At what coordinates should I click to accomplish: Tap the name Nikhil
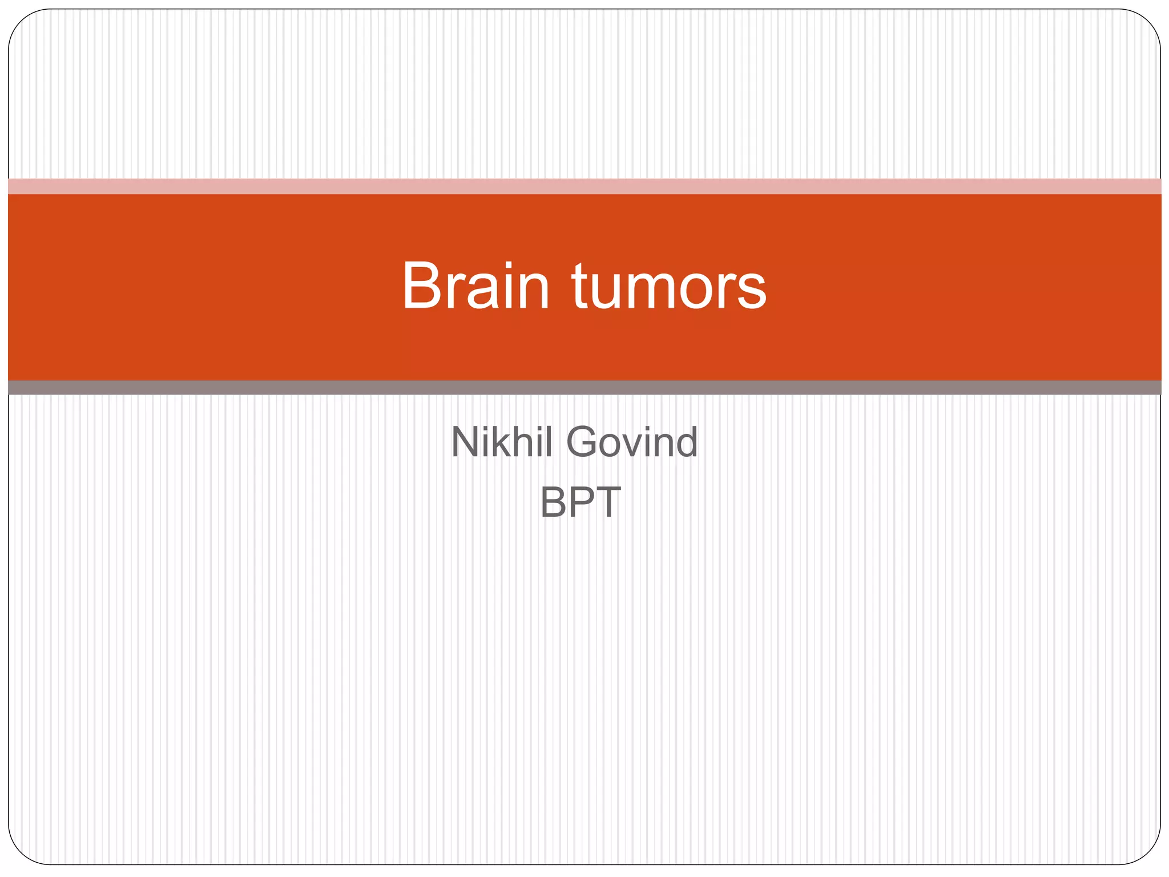click(502, 442)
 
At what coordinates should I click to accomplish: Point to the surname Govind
click(632, 442)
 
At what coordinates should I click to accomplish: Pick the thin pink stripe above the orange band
click(584, 186)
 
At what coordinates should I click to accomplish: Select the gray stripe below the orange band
click(584, 388)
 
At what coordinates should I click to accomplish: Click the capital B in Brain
click(422, 285)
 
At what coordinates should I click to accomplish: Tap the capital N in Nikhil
click(465, 442)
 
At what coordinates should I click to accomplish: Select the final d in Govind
click(685, 442)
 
